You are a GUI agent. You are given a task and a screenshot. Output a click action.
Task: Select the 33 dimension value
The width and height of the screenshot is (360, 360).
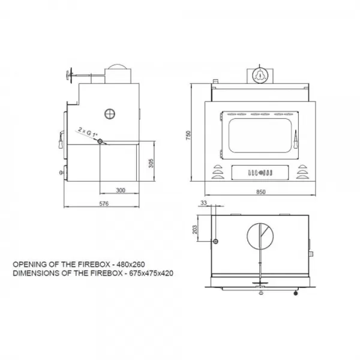204,204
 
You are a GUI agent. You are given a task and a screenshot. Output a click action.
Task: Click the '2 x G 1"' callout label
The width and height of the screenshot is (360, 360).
87,131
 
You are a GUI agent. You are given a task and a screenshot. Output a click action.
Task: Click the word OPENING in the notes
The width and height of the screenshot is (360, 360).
28,263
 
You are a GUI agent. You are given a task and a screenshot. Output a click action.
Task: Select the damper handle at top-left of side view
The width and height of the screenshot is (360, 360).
66,75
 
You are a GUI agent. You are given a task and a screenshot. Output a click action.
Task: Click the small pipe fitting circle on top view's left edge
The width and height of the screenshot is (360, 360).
214,241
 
